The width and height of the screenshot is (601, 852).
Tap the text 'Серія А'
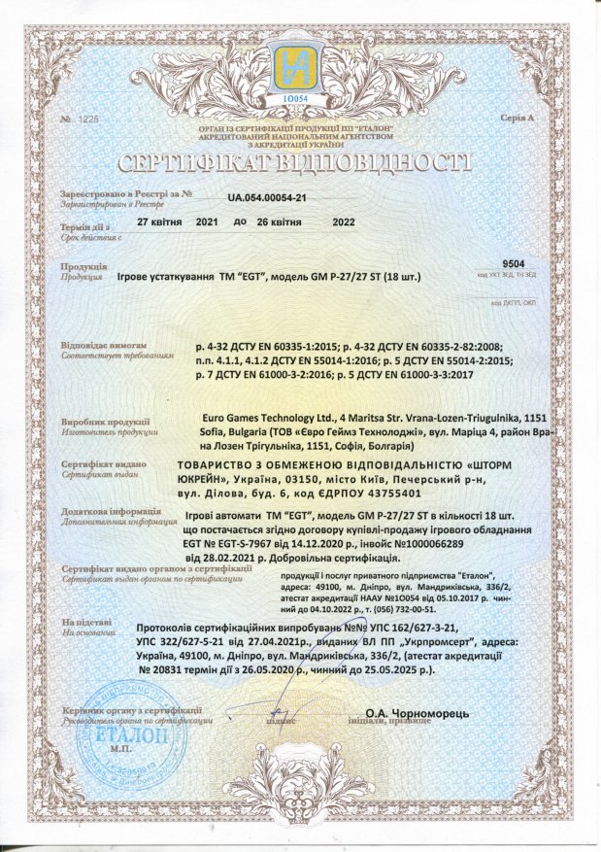518,119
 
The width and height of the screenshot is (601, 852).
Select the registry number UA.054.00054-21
267,197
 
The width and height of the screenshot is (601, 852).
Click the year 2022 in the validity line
344,222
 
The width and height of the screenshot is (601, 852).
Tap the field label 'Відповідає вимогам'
103,344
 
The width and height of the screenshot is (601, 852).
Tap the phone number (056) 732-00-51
407,607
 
